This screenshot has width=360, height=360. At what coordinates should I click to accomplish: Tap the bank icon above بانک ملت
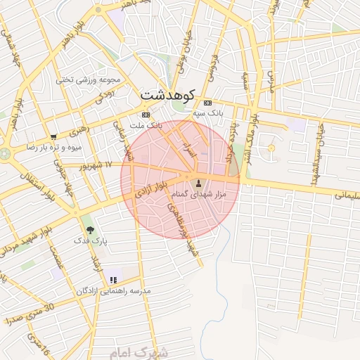coord(146,115)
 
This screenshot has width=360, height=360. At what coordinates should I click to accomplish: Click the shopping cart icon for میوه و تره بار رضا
coord(54,137)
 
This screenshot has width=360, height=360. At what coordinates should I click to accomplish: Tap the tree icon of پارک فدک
coord(89,229)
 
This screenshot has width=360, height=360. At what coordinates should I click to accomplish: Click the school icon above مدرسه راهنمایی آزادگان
coord(113,280)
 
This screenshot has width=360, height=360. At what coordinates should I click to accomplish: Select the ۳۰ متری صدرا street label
coord(28,313)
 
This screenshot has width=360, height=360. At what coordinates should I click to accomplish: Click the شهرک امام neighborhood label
coord(140,351)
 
